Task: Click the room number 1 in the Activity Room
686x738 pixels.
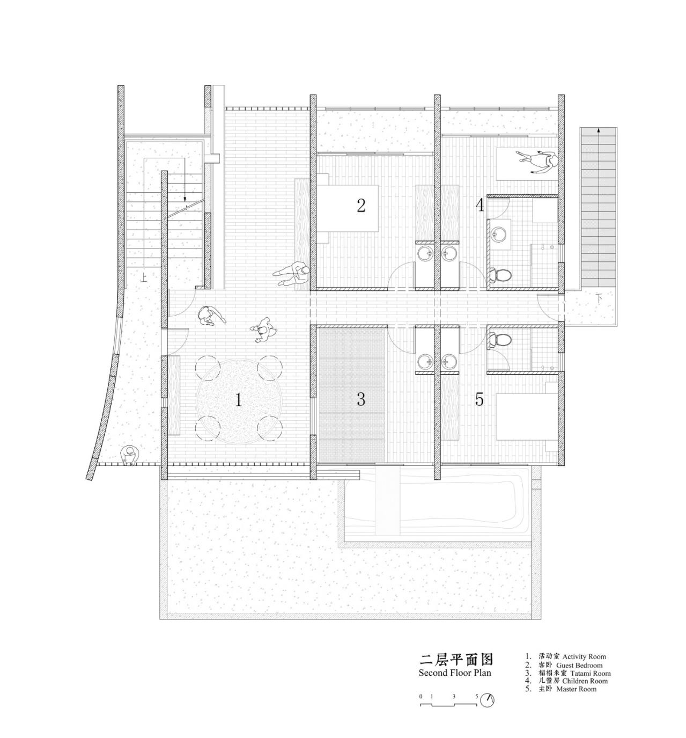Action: pyautogui.click(x=238, y=400)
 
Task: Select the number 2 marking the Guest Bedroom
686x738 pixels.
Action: pyautogui.click(x=361, y=205)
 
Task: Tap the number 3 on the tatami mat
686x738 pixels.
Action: pyautogui.click(x=361, y=399)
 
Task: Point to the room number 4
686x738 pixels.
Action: pyautogui.click(x=480, y=205)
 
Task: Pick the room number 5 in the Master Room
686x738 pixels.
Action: pyautogui.click(x=479, y=399)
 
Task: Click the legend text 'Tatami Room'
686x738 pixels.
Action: pyautogui.click(x=590, y=673)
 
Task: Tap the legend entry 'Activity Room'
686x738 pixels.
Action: pyautogui.click(x=584, y=656)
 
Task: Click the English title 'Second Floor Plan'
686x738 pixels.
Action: pyautogui.click(x=454, y=673)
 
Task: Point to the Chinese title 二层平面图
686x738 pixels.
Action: pyautogui.click(x=455, y=659)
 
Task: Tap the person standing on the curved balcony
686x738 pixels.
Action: pyautogui.click(x=128, y=456)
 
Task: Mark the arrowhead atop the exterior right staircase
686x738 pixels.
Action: pyautogui.click(x=598, y=130)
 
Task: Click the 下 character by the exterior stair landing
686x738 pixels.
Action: pyautogui.click(x=600, y=298)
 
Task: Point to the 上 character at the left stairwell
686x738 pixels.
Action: pyautogui.click(x=143, y=278)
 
